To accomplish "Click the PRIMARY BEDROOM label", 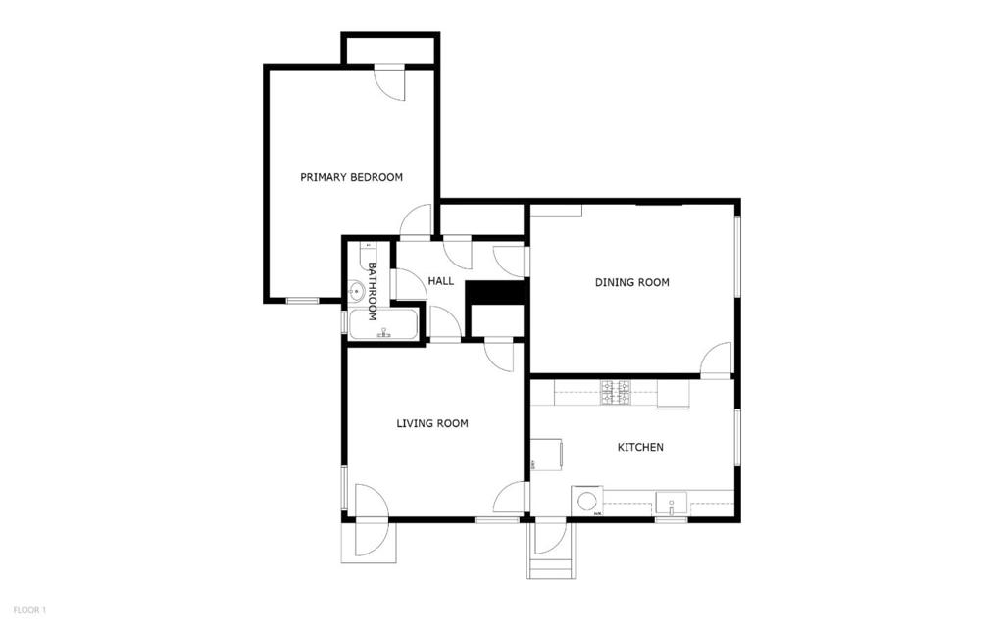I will tap(351, 177).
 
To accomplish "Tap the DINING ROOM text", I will tap(631, 282).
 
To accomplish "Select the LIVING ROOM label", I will tap(431, 423).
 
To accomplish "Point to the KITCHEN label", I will tap(639, 447).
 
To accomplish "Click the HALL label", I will tap(440, 281).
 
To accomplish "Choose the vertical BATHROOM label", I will tap(373, 291).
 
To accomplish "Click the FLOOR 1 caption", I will tap(29, 610).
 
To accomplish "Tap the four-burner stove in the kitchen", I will tap(615, 392).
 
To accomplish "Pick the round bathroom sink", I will tap(356, 291).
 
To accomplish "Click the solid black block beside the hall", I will tap(496, 292).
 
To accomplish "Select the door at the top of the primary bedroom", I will tap(389, 82).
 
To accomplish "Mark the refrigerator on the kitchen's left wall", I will tap(547, 455).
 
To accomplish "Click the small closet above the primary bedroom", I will tap(389, 50).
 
